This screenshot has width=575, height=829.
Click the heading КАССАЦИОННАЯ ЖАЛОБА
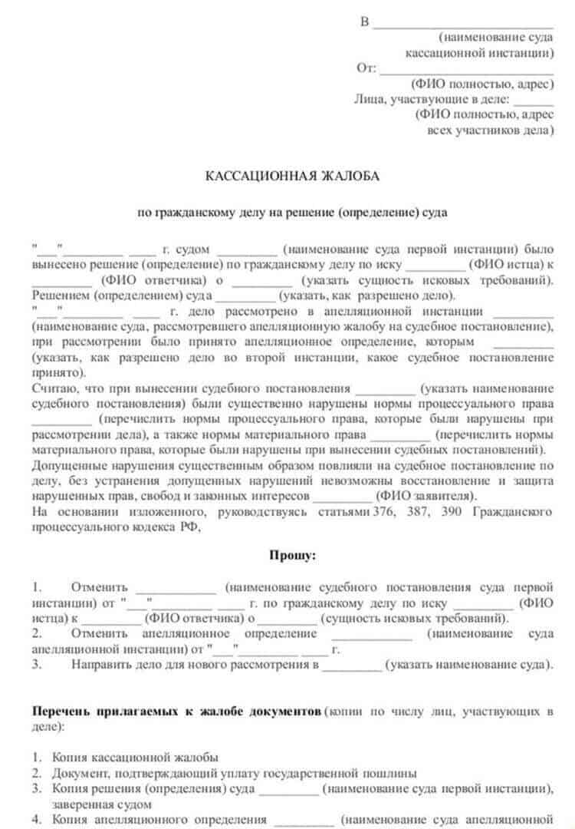click(292, 177)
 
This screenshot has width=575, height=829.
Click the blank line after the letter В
click(462, 23)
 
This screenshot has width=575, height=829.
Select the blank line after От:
click(466, 69)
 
